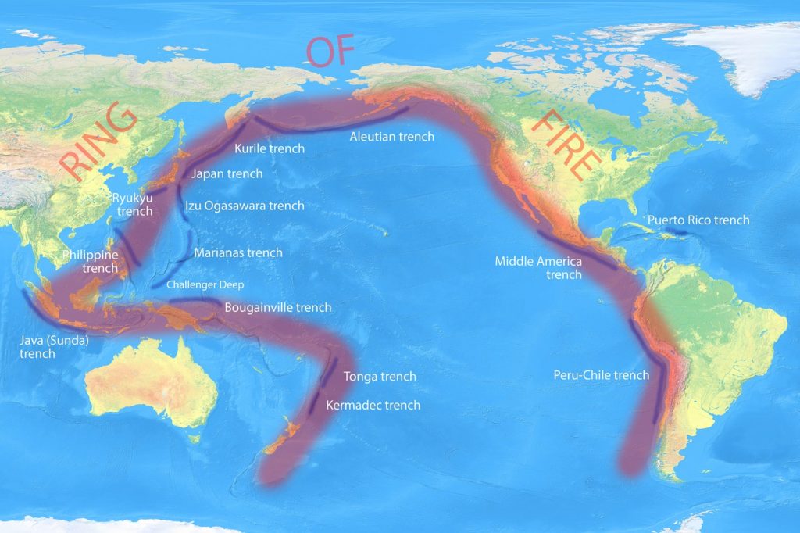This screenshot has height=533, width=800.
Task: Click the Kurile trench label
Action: pos(270,148)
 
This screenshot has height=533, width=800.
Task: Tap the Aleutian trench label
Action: pos(391,137)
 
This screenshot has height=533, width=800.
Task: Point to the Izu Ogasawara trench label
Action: pos(245,206)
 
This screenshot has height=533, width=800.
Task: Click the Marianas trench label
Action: pos(237,253)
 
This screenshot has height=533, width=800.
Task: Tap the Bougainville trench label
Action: pos(277,308)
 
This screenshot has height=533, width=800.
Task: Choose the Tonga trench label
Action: pos(380,377)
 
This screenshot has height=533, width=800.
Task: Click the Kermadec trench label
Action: pos(373,405)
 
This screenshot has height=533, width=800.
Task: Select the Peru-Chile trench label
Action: pos(601,375)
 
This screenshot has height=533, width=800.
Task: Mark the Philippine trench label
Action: pos(91,262)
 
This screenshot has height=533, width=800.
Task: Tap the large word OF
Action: pos(330,51)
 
